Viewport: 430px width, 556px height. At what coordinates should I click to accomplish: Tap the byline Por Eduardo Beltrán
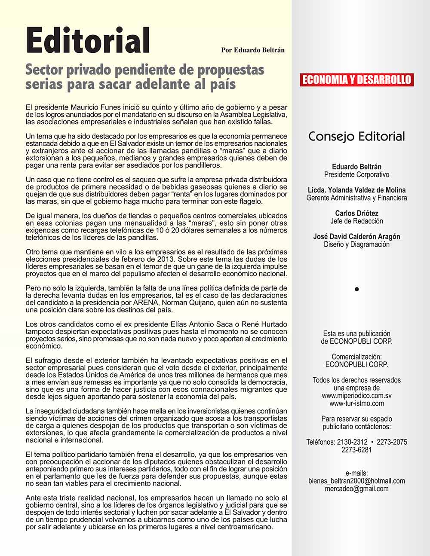pyautogui.click(x=252, y=50)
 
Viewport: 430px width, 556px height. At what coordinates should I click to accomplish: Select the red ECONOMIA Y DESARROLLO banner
pyautogui.click(x=356, y=80)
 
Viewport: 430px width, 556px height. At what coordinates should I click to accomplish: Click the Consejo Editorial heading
pyautogui.click(x=356, y=137)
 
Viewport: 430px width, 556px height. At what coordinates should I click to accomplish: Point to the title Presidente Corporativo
pyautogui.click(x=356, y=175)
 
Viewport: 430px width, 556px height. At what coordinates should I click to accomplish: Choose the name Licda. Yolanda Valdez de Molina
pyautogui.click(x=356, y=190)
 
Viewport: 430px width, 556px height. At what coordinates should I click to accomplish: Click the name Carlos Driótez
pyautogui.click(x=356, y=213)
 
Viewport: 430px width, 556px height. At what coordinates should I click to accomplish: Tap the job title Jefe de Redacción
pyautogui.click(x=356, y=221)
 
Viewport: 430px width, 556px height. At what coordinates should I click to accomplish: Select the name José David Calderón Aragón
pyautogui.click(x=356, y=236)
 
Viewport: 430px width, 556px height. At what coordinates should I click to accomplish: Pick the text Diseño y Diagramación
pyautogui.click(x=356, y=244)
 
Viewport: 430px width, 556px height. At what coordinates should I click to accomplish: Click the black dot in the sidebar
pyautogui.click(x=356, y=289)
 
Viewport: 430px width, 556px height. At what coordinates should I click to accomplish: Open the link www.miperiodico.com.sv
pyautogui.click(x=356, y=396)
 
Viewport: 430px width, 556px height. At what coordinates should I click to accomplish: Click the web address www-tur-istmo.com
pyautogui.click(x=356, y=403)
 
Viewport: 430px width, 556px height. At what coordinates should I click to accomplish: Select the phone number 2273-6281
pyautogui.click(x=356, y=450)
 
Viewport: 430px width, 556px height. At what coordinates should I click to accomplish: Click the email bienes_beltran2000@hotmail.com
pyautogui.click(x=356, y=481)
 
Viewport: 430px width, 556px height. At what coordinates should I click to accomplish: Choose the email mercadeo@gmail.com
pyautogui.click(x=356, y=489)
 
